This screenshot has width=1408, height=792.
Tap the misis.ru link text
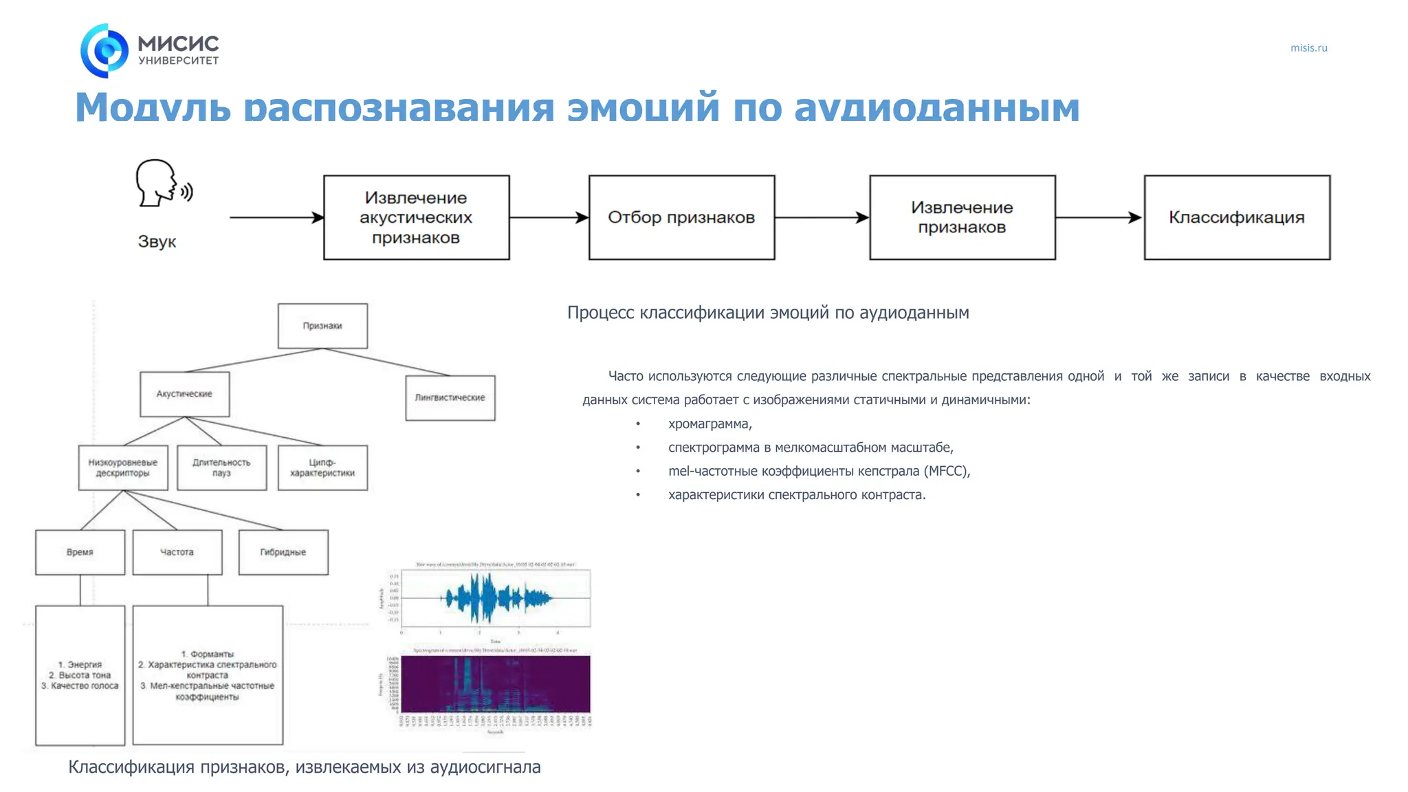point(1308,48)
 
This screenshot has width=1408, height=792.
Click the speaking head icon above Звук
point(163,183)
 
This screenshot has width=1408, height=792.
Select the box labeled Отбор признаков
point(681,217)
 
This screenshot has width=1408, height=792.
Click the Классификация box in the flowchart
point(1236,217)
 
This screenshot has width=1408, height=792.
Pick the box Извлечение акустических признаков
point(416,217)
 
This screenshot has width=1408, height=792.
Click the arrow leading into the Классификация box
point(1099,217)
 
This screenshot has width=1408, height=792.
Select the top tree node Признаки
point(322,326)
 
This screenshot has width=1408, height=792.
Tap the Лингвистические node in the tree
point(450,397)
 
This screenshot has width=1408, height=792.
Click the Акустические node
point(184,394)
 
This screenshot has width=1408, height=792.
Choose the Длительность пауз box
point(221,467)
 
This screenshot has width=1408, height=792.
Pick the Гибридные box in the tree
point(283,552)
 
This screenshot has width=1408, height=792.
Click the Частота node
point(177,552)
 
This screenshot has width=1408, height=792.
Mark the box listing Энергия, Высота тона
point(80,674)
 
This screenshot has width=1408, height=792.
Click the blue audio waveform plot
point(495,599)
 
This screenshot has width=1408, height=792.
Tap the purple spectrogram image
point(495,684)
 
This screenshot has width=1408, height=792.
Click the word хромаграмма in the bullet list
point(709,424)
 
